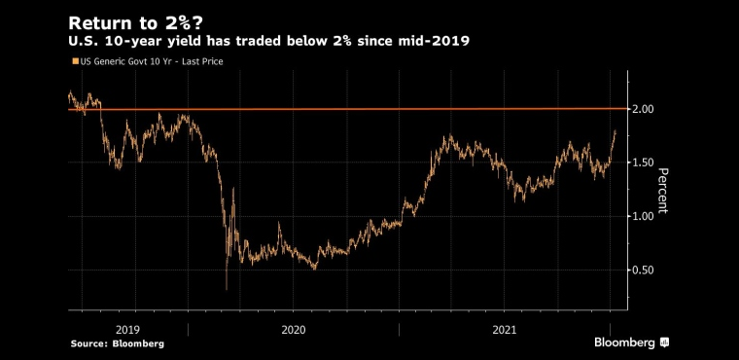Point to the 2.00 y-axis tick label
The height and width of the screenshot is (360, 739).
[x=644, y=109]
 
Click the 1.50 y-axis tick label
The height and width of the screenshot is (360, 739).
[x=644, y=162]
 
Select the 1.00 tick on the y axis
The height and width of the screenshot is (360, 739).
[x=644, y=217]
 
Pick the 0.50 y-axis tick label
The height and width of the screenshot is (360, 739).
[x=644, y=270]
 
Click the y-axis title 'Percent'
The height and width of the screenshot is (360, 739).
[x=662, y=191]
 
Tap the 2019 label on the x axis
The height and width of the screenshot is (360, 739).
[x=127, y=330]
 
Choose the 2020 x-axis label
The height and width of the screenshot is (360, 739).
[x=293, y=330]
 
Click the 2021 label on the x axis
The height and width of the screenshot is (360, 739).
[x=505, y=330]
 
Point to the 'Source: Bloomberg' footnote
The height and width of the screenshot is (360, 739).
[x=118, y=344]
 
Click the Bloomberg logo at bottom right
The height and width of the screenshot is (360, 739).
[x=631, y=342]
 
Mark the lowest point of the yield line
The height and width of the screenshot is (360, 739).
[x=227, y=289]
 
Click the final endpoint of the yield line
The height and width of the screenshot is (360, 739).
[x=616, y=131]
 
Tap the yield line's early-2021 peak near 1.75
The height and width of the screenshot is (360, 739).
[x=450, y=136]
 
